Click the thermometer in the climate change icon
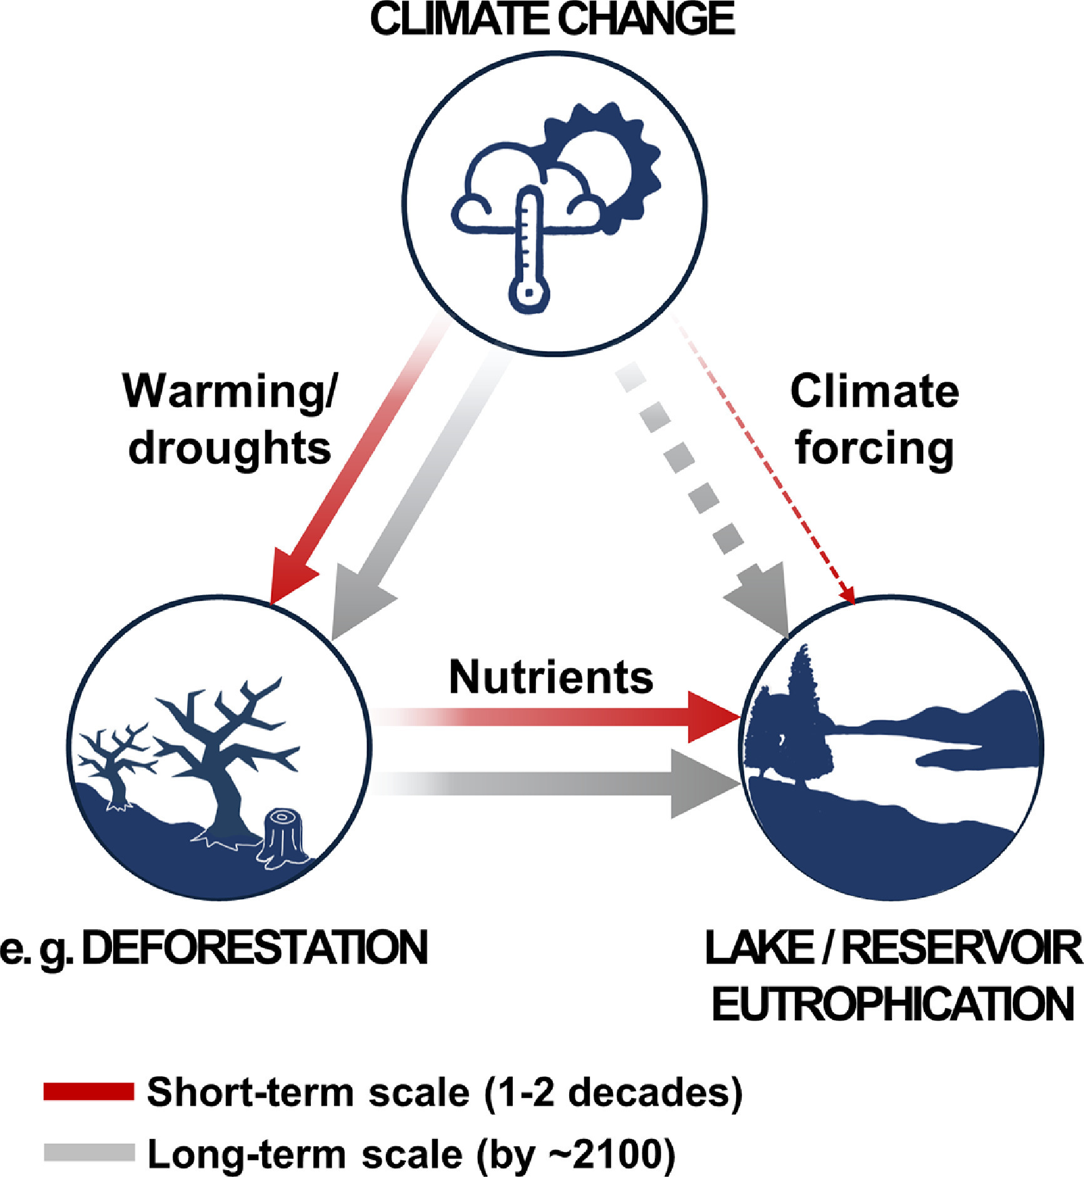coord(529,250)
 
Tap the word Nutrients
coord(551,678)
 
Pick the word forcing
coord(874,448)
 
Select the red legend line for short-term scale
coord(89,1091)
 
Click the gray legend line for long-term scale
coord(89,1152)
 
